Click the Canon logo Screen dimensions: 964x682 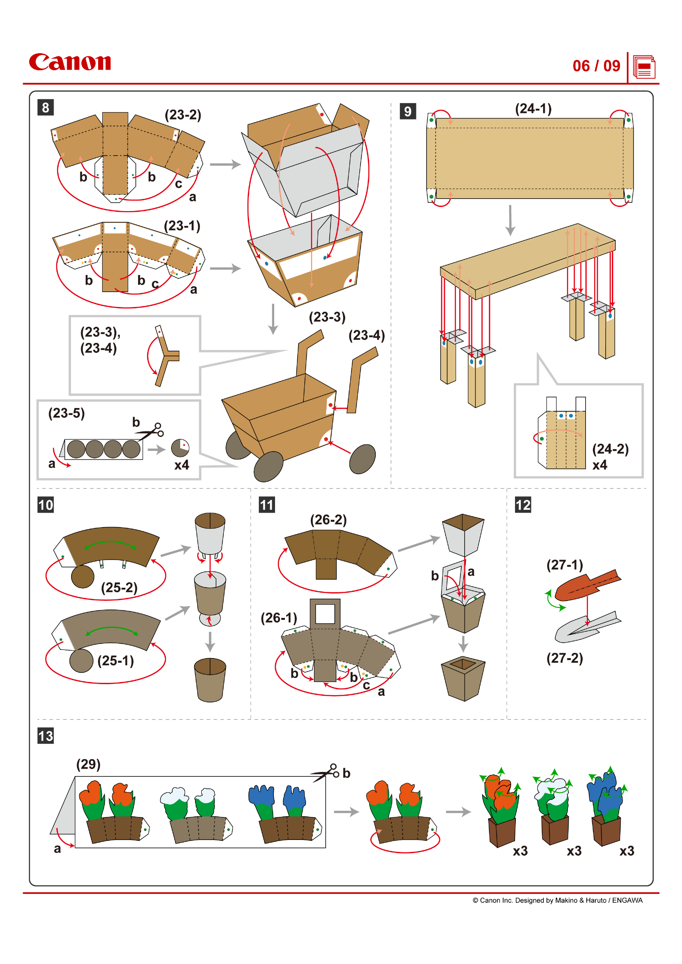coord(70,62)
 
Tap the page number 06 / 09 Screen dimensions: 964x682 coord(596,66)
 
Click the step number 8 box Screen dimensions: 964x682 coord(45,108)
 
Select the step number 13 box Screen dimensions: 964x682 coord(45,736)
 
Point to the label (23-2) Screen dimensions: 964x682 coord(183,115)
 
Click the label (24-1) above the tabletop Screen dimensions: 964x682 coord(533,109)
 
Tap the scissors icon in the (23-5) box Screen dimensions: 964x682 coord(151,431)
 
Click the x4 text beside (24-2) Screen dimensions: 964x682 coord(600,465)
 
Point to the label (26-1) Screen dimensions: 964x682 coord(278,618)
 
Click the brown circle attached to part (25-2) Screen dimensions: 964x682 coord(83,577)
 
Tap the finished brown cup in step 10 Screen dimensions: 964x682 coord(210,680)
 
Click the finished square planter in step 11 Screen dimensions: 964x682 coord(463,678)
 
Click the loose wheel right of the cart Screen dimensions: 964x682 coord(362,459)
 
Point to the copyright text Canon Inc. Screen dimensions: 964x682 coord(557,900)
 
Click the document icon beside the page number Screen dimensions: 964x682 coord(644,67)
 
